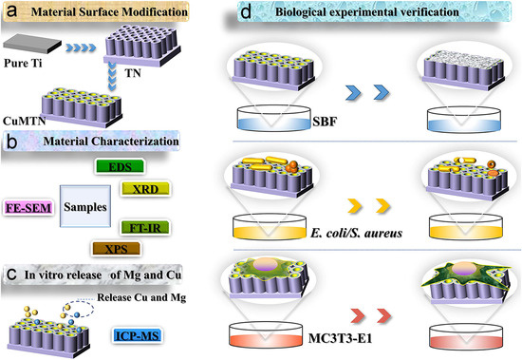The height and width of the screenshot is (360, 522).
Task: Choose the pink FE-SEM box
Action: tap(28, 204)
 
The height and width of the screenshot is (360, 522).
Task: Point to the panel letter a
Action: tap(12, 11)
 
